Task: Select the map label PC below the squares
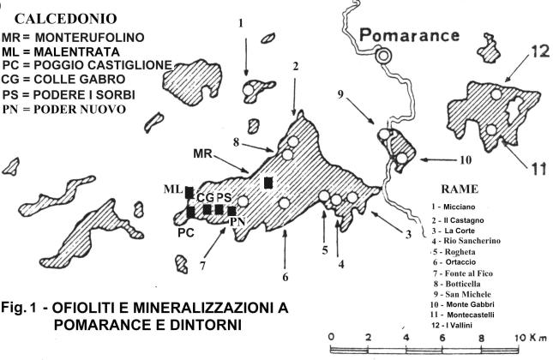187,231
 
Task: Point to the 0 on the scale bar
333,337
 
